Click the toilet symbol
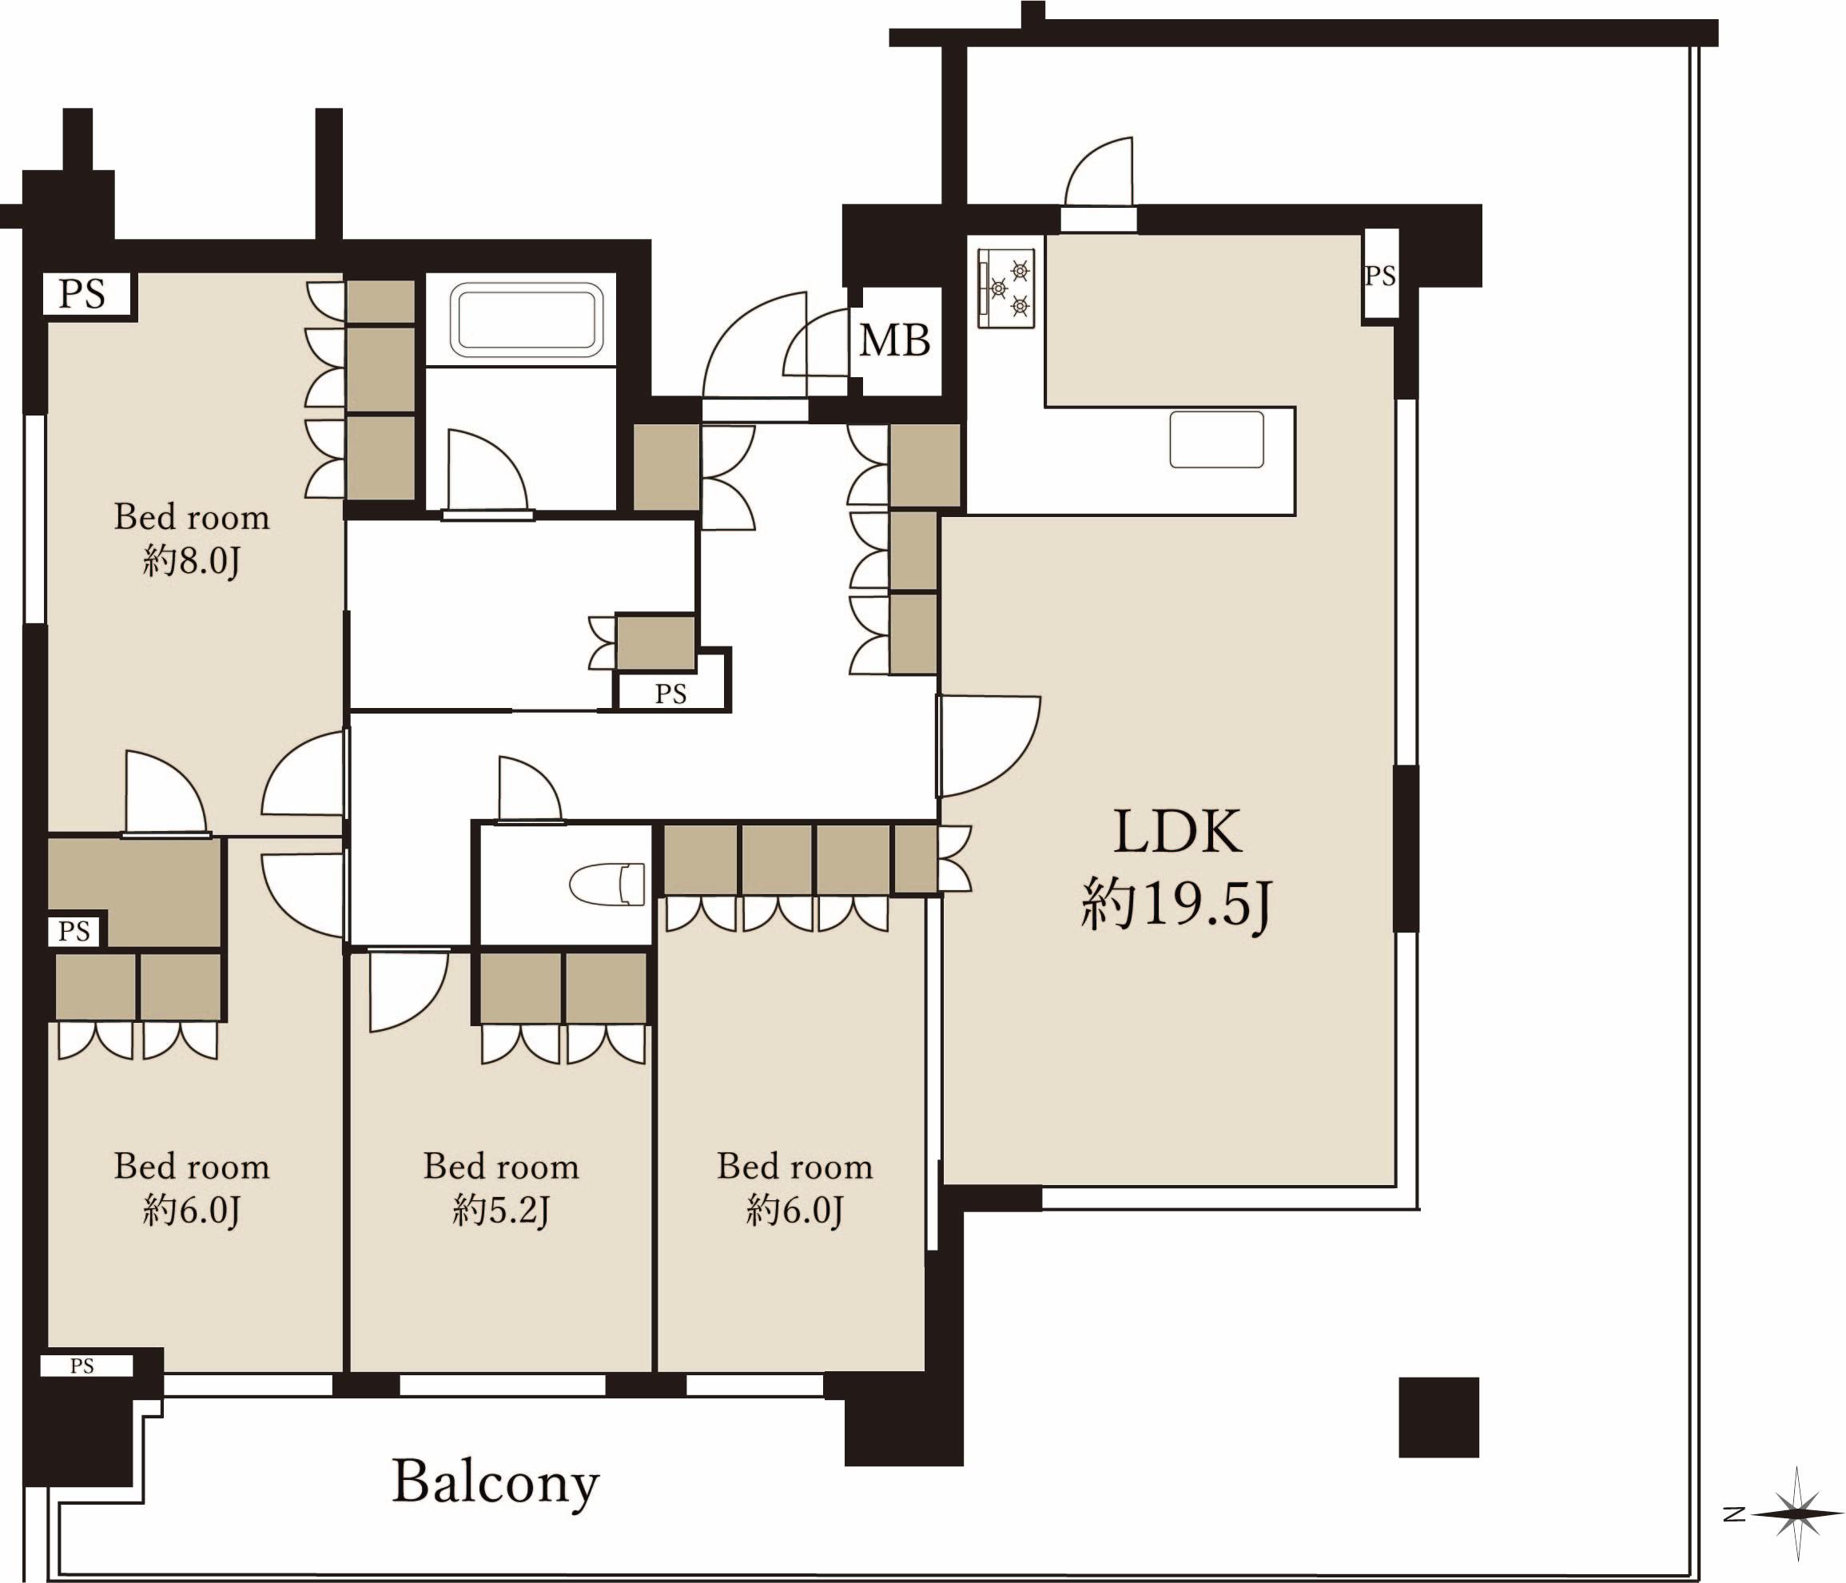607,884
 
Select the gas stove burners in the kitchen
1007,287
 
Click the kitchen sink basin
1216,440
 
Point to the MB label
894,340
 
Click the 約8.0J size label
192,562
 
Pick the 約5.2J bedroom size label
501,1211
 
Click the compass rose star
1797,1513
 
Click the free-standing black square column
1439,1418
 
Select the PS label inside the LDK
1379,276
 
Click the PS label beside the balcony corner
82,1366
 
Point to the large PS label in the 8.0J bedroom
82,293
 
